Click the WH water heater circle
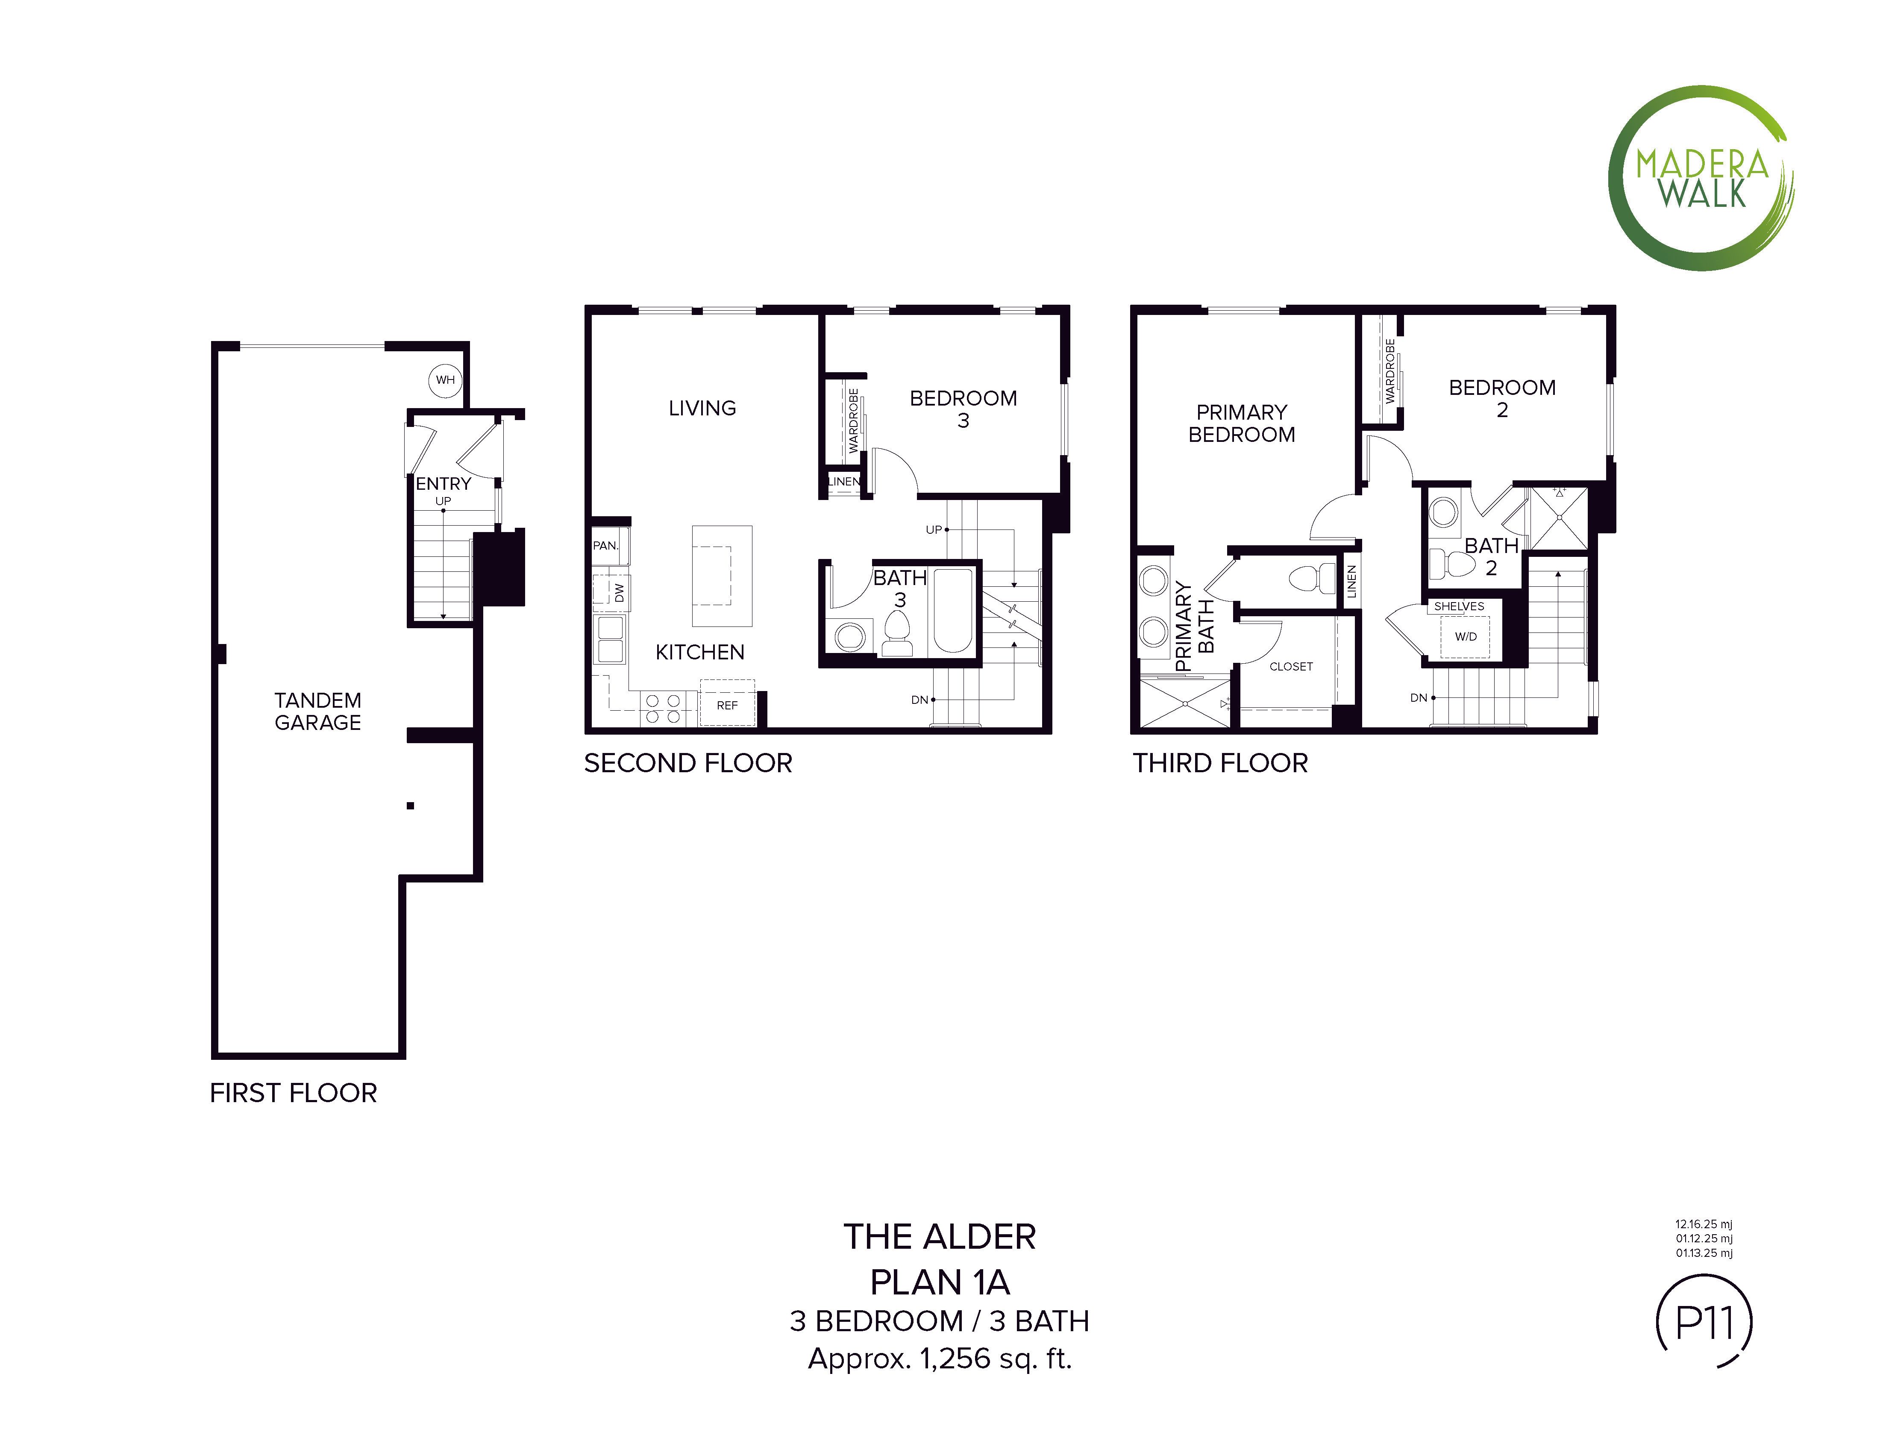pyautogui.click(x=445, y=379)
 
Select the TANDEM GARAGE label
pyautogui.click(x=317, y=711)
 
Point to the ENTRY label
pyautogui.click(x=444, y=484)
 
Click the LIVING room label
pyautogui.click(x=702, y=408)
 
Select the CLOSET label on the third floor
pyautogui.click(x=1291, y=666)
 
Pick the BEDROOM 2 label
pyautogui.click(x=1502, y=399)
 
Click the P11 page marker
pyautogui.click(x=1704, y=1322)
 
